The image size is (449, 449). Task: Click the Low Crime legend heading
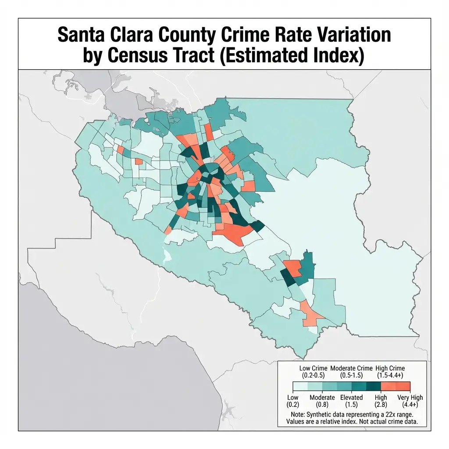click(x=313, y=368)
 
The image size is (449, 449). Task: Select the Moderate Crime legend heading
click(x=351, y=368)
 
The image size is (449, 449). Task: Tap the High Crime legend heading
click(x=391, y=368)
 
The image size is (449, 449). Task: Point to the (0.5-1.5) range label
click(x=351, y=375)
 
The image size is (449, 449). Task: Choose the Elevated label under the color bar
click(x=352, y=398)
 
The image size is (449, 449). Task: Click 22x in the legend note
click(x=394, y=414)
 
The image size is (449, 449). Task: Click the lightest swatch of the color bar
click(x=299, y=386)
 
